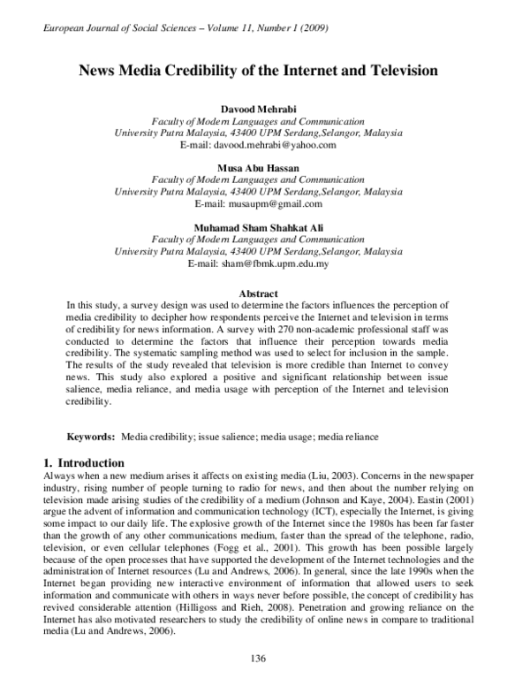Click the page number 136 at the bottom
(259, 658)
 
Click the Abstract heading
(259, 293)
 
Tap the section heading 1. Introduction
(84, 462)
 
